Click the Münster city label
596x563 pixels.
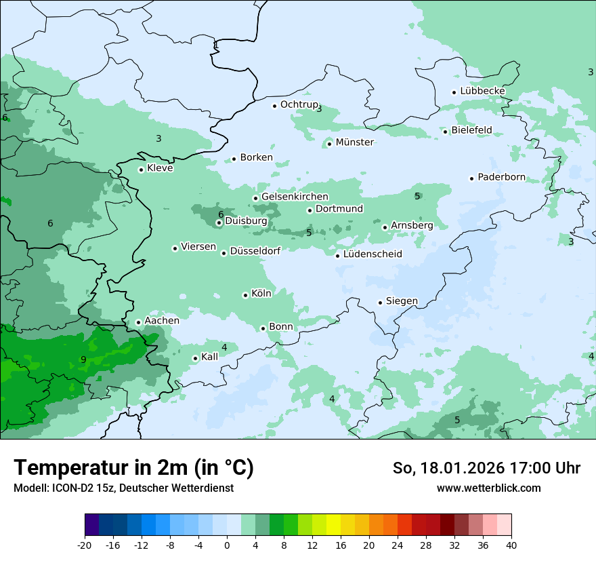[x=354, y=142]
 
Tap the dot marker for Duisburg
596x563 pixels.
[x=219, y=222]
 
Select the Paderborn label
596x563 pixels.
[x=501, y=178]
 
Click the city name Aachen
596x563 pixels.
[x=162, y=321]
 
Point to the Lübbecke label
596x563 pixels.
[x=482, y=91]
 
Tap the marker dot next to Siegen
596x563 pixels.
[x=380, y=303]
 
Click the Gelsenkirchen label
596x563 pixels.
[x=295, y=197]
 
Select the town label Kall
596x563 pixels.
[x=209, y=357]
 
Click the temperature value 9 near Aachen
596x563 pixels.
[x=83, y=360]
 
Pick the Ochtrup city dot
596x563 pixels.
[x=274, y=105]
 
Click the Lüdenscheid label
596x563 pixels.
[x=372, y=254]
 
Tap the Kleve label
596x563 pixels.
[x=160, y=168]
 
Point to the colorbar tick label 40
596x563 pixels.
[x=511, y=545]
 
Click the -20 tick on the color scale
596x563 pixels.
[x=84, y=545]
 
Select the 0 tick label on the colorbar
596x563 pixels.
[x=227, y=545]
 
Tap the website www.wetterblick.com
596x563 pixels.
[x=488, y=488]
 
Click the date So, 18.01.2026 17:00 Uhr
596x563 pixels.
[x=486, y=468]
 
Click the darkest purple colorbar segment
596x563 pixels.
[x=91, y=525]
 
